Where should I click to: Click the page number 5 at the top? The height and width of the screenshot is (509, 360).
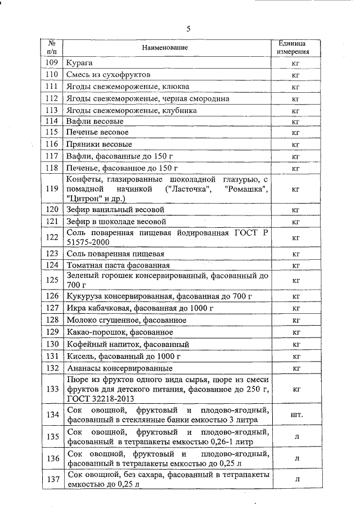[x=188, y=28]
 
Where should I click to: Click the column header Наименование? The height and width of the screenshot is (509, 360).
[x=165, y=48]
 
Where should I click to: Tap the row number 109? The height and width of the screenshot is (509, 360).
[x=52, y=62]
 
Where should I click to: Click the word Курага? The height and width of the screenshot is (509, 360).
[x=80, y=62]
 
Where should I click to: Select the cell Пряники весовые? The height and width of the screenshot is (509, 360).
[x=96, y=145]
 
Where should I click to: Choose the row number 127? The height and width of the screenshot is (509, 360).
[x=52, y=308]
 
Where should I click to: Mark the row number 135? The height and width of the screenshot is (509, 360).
[x=52, y=436]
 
